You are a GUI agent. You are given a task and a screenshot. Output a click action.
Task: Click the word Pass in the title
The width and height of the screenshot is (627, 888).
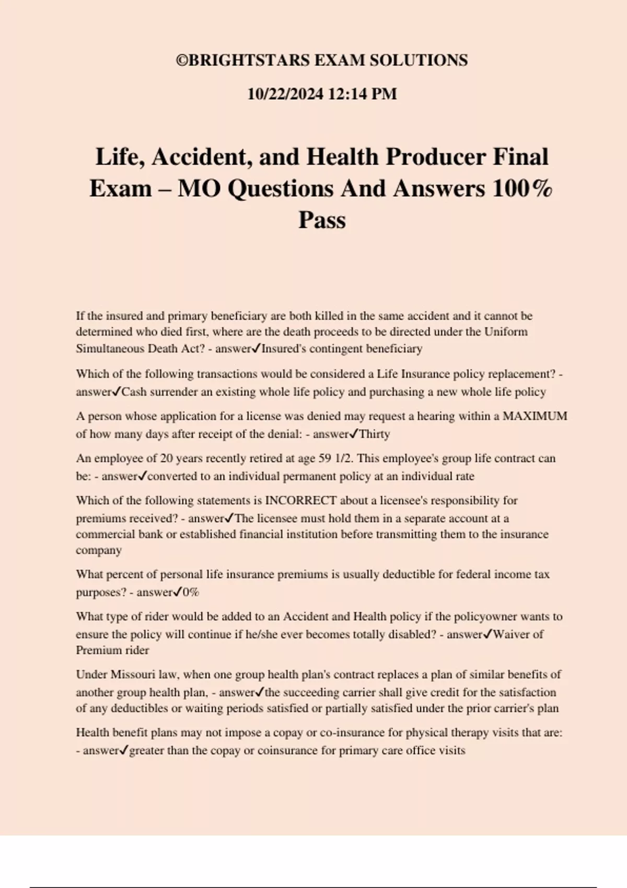(x=322, y=220)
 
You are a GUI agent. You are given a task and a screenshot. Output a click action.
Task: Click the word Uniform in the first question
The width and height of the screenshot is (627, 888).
(x=506, y=332)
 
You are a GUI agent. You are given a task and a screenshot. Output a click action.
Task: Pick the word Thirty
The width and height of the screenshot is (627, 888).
(x=375, y=434)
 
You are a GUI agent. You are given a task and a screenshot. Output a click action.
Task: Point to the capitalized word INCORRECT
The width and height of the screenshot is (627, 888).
(x=301, y=500)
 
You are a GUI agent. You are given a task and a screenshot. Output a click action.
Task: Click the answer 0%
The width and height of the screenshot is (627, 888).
(x=191, y=592)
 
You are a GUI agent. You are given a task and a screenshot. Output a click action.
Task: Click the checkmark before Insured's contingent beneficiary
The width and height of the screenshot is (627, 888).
(x=256, y=348)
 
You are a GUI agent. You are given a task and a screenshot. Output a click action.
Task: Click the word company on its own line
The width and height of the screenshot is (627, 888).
(x=99, y=551)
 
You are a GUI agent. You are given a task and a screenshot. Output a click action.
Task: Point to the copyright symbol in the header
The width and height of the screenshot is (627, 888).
(x=181, y=61)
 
